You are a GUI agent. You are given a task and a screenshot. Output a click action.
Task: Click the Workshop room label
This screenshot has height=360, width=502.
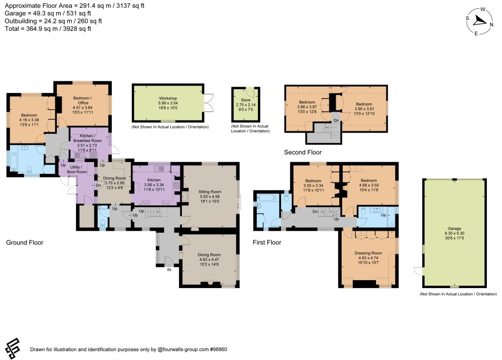tap(168, 98)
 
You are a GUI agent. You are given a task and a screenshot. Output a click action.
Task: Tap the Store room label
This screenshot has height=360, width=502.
tap(246, 100)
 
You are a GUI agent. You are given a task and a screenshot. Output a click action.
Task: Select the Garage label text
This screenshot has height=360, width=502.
tap(454, 228)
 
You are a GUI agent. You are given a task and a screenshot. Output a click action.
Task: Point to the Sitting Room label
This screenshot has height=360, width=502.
tap(210, 192)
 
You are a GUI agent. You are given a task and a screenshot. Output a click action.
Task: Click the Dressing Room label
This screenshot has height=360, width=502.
tap(368, 253)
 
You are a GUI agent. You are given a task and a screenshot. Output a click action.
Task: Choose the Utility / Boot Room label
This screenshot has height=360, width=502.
tap(77, 169)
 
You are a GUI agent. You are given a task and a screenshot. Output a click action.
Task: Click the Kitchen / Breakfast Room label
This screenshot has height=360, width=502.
tap(87, 138)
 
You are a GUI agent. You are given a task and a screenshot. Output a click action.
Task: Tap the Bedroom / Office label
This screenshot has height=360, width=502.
tap(82, 100)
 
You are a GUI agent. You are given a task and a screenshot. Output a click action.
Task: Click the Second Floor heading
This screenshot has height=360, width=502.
tap(303, 152)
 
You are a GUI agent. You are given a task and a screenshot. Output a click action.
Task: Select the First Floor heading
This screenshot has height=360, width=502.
tap(267, 242)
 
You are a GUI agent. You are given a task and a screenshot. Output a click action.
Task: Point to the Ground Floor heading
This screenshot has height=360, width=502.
tap(25, 242)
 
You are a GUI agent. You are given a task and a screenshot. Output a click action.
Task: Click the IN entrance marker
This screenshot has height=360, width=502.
tap(169, 270)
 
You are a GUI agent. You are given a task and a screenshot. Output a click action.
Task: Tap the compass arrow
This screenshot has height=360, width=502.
tap(479, 21)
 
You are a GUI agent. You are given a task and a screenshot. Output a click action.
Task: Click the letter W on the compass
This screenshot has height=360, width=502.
tap(483, 9)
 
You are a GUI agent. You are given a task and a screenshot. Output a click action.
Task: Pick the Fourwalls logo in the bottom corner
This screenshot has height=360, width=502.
tap(12, 348)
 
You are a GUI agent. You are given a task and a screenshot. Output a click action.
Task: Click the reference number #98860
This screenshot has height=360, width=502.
tap(219, 349)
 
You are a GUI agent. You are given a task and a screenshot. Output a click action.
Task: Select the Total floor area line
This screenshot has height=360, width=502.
tap(48, 28)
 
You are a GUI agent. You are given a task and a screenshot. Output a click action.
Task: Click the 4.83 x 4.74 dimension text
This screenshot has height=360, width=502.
tap(368, 258)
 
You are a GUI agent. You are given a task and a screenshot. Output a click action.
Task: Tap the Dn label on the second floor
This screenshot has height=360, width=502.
tap(336, 120)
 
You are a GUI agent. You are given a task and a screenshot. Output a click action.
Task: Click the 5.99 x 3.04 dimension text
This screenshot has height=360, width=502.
tap(168, 103)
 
